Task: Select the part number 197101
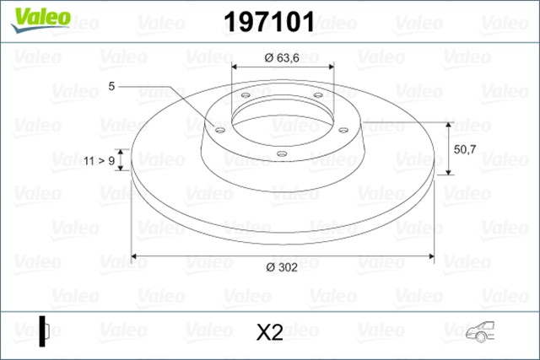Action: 268,21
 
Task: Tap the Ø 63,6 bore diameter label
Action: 282,57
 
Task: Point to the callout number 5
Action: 111,86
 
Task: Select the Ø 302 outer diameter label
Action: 281,268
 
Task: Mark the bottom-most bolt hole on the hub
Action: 282,153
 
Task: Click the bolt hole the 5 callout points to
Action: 220,130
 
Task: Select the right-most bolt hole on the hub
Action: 343,129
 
